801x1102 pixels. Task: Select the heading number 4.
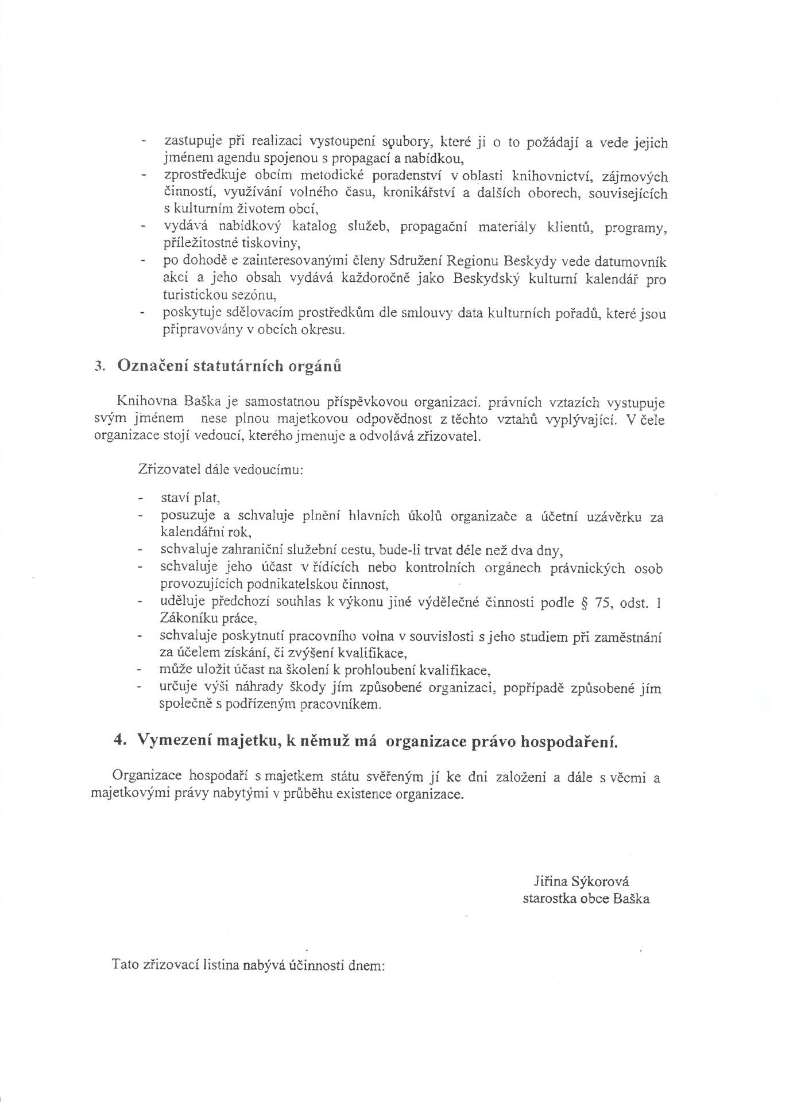pos(119,740)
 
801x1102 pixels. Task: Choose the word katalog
pos(314,228)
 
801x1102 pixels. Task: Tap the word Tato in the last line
pos(126,965)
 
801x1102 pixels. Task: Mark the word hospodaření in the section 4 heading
pos(568,741)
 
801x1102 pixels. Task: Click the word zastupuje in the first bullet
pos(189,142)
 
